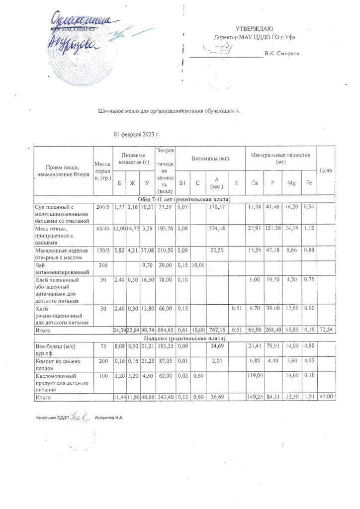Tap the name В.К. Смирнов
(281, 53)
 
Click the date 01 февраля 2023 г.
(136, 135)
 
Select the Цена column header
(326, 170)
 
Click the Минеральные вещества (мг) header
(281, 158)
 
